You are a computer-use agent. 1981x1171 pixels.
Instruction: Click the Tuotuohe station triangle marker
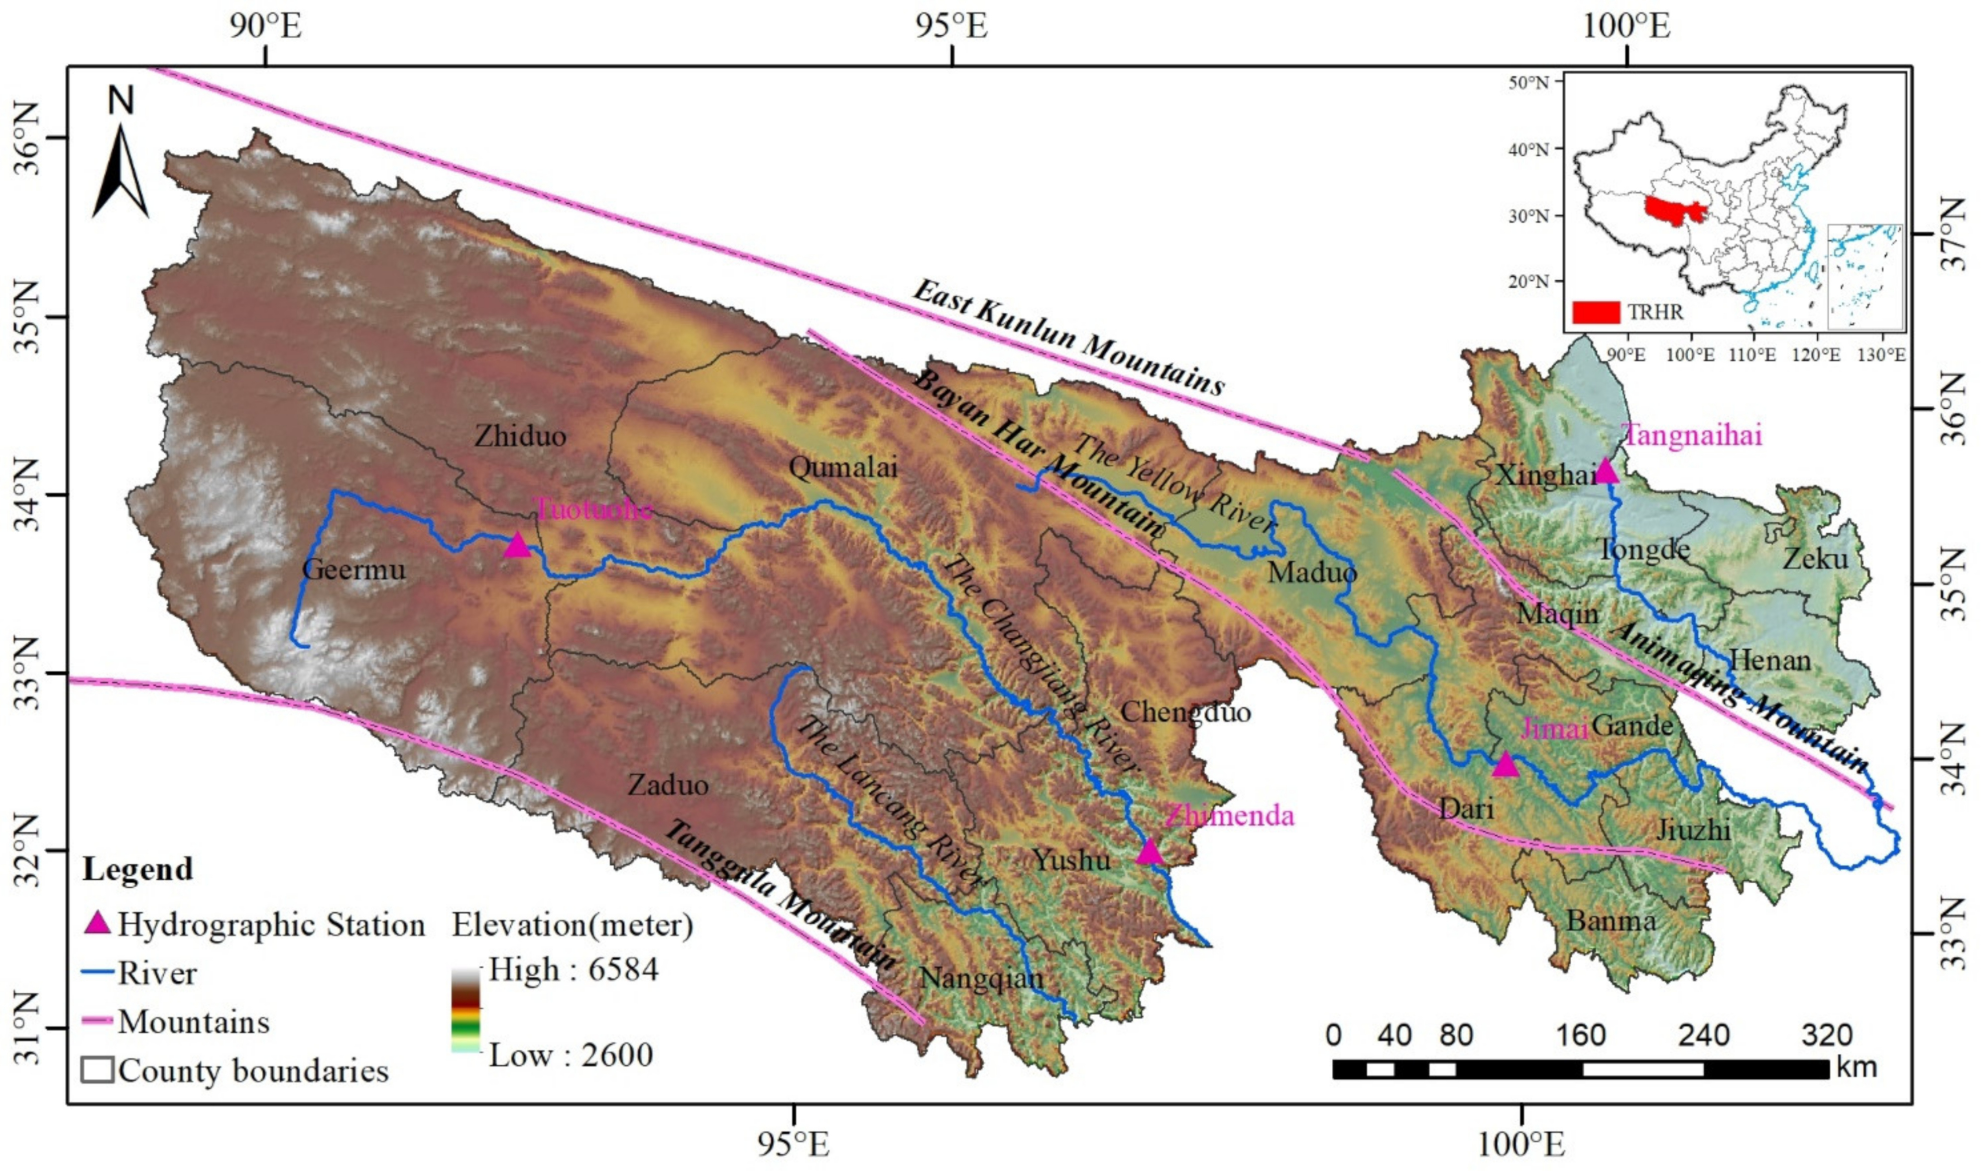517,545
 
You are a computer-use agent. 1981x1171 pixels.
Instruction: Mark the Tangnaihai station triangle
1606,471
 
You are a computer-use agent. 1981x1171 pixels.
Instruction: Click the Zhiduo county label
520,436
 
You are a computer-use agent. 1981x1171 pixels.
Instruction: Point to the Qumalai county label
843,468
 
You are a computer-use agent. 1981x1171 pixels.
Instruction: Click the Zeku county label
1815,559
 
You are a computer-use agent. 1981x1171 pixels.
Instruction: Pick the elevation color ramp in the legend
466,1012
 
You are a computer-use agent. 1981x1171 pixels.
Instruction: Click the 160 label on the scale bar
1582,1035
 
